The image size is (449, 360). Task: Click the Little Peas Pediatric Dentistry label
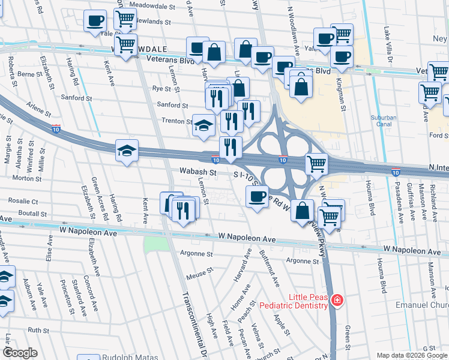coord(294,301)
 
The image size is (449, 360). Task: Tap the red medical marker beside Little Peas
coord(337,300)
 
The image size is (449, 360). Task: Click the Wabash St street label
coord(197,172)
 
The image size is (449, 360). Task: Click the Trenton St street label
coord(176,121)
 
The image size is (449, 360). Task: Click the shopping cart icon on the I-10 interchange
coord(316,163)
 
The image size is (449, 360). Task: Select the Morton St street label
coord(26,178)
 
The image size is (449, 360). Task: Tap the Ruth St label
coord(38,330)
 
